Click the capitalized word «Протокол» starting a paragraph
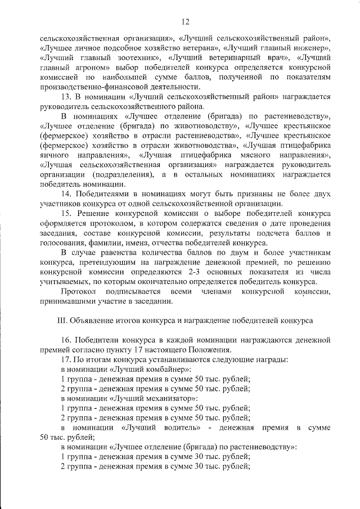click(77, 291)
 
